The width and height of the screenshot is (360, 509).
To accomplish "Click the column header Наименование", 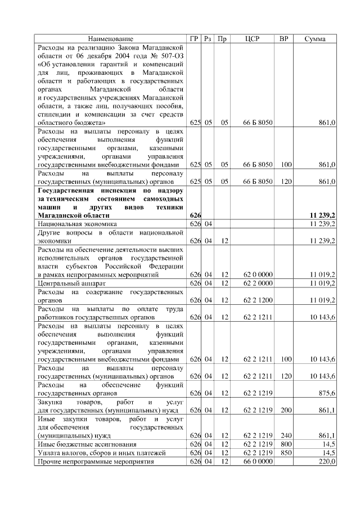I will (111, 39).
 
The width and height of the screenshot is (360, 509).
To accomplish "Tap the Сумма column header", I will (316, 39).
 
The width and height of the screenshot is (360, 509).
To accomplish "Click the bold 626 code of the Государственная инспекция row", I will (195, 215).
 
